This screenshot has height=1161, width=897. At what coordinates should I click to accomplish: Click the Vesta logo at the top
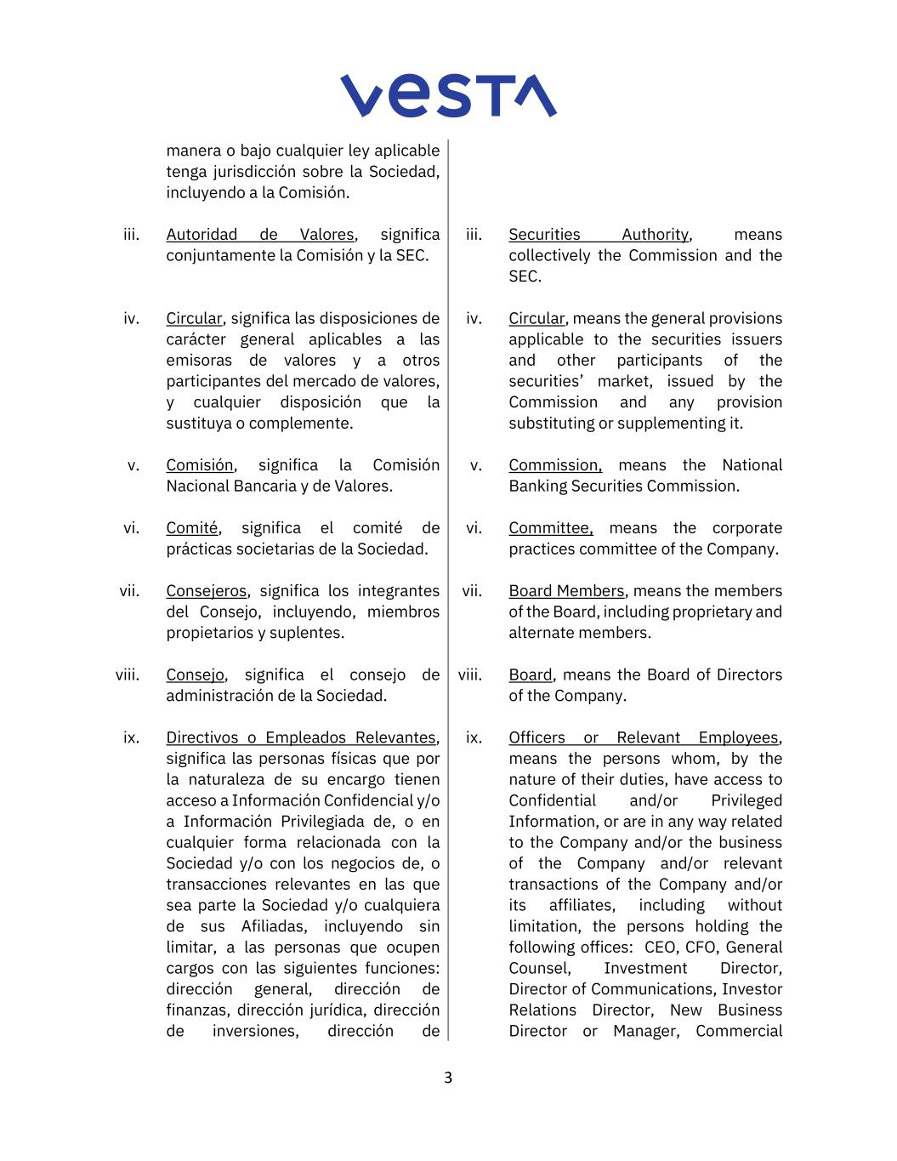[448, 95]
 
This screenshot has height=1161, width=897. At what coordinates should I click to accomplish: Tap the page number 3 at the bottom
[448, 1078]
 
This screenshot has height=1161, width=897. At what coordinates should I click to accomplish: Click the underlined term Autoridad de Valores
[260, 235]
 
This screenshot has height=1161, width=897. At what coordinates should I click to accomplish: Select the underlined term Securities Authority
[599, 235]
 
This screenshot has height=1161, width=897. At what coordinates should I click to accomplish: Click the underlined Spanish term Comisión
[200, 465]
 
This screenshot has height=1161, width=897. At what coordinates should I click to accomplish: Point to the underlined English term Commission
[554, 465]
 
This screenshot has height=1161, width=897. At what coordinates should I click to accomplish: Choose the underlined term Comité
[192, 528]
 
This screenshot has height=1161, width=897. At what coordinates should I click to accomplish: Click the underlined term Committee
[550, 528]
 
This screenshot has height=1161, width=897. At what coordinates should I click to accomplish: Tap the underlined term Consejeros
[206, 591]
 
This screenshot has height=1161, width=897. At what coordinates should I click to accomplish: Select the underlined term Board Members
[566, 591]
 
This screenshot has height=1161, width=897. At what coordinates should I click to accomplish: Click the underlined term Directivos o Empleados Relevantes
[302, 738]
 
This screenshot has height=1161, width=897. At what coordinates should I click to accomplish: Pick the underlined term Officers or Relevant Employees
[644, 738]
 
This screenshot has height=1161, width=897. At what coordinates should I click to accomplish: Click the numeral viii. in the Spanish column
[128, 675]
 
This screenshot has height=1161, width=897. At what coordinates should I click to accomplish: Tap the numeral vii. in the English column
[471, 591]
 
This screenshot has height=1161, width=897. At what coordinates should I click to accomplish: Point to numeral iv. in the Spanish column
[131, 319]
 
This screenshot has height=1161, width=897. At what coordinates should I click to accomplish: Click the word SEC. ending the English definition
[525, 276]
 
